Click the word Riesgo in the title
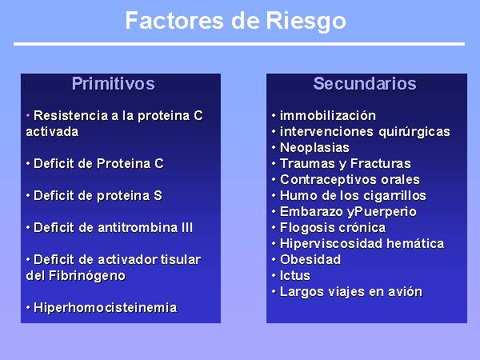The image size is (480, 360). tap(306, 22)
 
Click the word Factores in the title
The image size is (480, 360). tap(174, 21)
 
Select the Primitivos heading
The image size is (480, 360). tap(114, 83)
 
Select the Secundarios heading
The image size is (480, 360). tap(365, 83)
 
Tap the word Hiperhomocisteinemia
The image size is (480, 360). tap(106, 308)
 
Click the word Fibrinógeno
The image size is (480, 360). tap(87, 276)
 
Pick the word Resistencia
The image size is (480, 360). tap(70, 116)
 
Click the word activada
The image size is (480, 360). tap(52, 132)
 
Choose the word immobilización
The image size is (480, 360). tap(328, 116)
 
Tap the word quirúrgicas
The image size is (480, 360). tap(414, 132)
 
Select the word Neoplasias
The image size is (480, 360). tap(314, 148)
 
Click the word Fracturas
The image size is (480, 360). tap(381, 164)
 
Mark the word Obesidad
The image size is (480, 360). tap(310, 259)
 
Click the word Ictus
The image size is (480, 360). tap(295, 276)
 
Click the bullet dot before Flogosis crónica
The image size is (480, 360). tap(274, 228)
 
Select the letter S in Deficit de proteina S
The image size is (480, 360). tap(158, 196)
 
